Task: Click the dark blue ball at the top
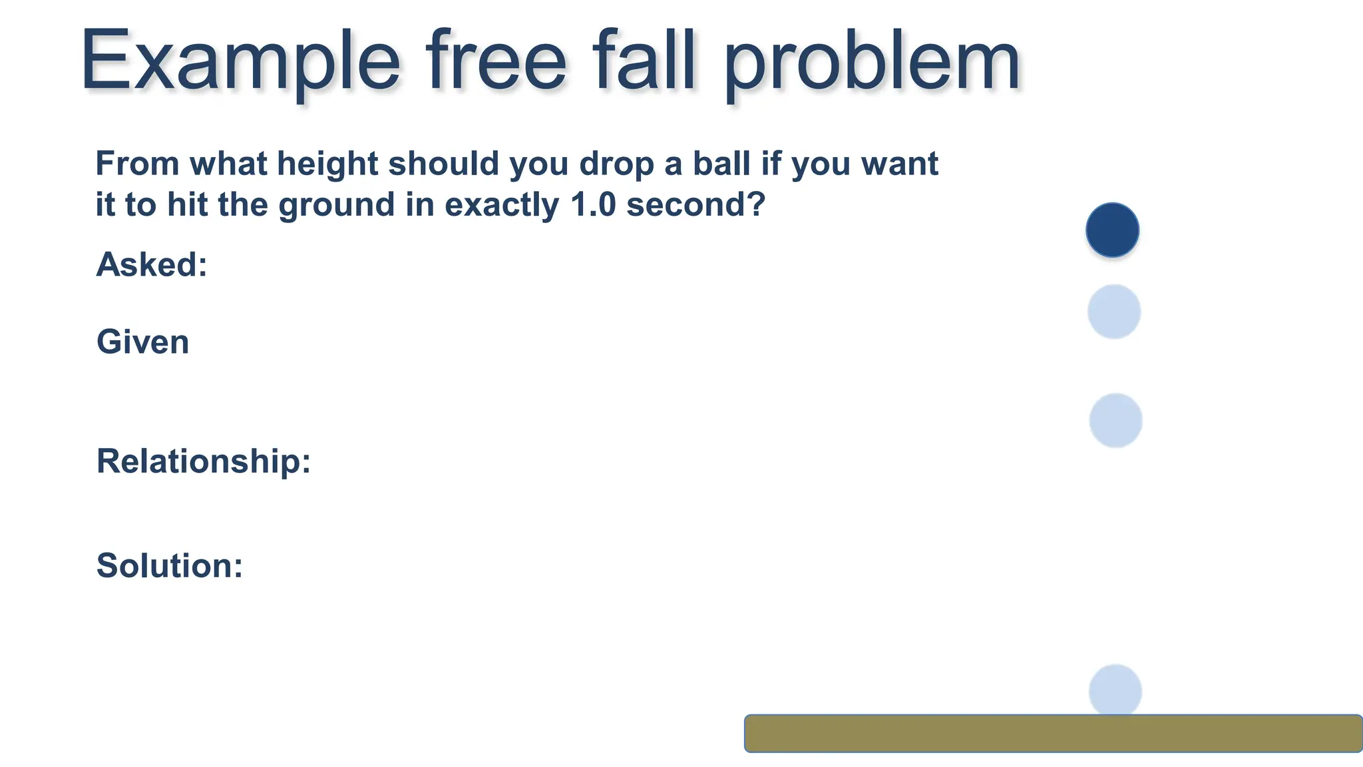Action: point(1112,230)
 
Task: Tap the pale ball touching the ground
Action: point(1115,690)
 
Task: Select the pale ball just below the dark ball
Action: point(1114,312)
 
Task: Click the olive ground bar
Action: point(1053,733)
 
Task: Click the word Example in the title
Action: point(240,62)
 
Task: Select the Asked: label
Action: point(152,264)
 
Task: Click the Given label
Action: point(142,342)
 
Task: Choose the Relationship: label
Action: point(204,461)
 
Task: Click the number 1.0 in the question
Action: point(593,204)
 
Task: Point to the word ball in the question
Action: point(721,164)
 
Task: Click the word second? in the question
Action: point(696,204)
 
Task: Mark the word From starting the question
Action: point(138,164)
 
